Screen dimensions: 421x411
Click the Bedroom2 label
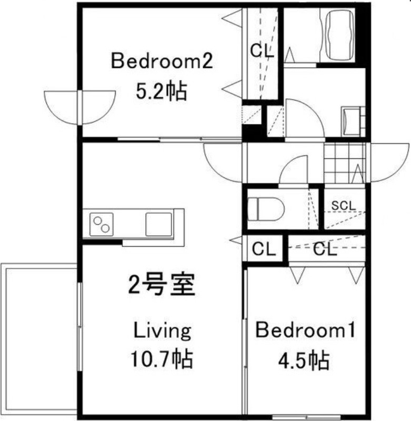point(162,62)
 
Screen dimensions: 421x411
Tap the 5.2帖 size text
point(161,92)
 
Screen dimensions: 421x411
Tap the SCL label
point(344,205)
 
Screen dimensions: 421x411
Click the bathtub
point(342,36)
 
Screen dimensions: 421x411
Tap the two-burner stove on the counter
point(102,225)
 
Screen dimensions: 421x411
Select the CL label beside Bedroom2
point(262,51)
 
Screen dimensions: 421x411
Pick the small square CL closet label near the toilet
point(264,249)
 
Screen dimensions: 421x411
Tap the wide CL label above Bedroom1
point(325,249)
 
